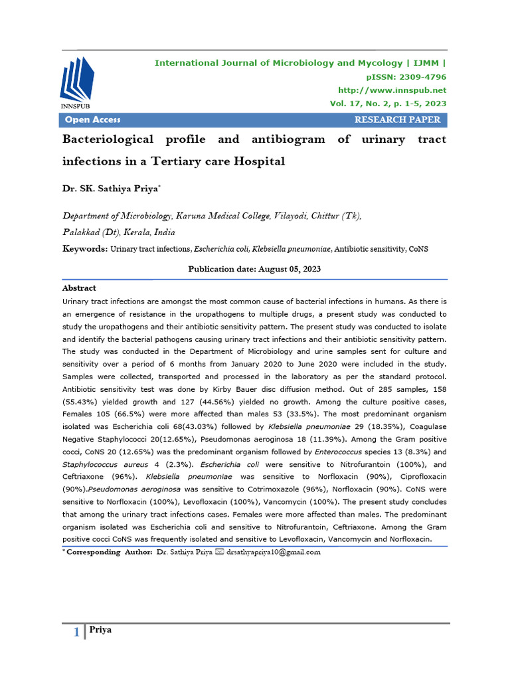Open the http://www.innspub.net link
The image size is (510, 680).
coord(392,90)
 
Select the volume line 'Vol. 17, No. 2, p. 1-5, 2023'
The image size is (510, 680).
coord(388,104)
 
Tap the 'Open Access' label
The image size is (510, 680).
coord(92,120)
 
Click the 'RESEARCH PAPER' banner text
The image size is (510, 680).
coord(397,120)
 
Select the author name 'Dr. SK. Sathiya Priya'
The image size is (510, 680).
coord(111,189)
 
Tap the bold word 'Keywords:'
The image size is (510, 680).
coord(84,248)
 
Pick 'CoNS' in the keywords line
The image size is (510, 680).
coord(419,248)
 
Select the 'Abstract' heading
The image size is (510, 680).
coord(79,288)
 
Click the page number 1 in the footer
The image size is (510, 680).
coord(76,633)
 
